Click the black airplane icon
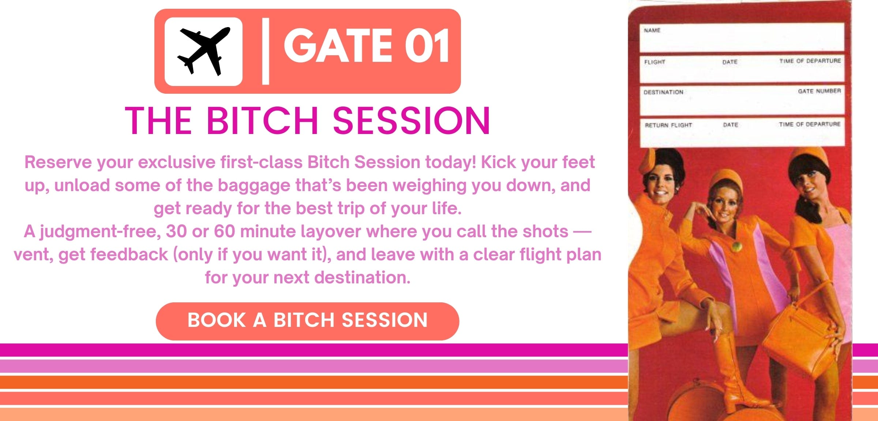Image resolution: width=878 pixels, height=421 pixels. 203,51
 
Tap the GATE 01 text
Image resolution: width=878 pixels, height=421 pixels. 367,46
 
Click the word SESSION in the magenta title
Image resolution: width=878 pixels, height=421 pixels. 411,120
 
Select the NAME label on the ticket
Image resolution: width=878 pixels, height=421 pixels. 652,30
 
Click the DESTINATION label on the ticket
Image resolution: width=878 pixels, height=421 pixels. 663,92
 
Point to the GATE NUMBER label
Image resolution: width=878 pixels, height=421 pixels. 819,91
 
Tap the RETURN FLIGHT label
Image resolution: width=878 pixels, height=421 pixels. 668,125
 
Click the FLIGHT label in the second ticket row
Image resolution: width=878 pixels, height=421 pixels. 654,62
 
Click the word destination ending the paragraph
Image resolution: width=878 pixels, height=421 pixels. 362,277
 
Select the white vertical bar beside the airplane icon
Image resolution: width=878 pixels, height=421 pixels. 266,51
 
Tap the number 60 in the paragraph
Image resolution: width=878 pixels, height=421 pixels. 224,232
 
